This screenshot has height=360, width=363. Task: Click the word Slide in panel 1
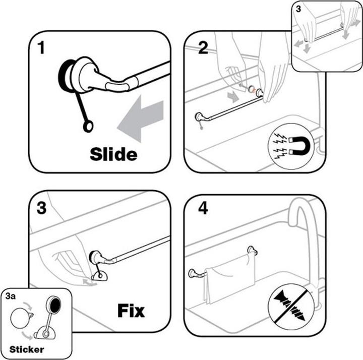tap(113, 153)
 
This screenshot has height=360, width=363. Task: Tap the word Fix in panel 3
tap(131, 310)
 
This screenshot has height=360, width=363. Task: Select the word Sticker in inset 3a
tap(26, 349)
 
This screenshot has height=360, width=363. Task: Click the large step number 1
tap(41, 48)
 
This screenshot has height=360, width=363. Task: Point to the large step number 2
tap(203, 48)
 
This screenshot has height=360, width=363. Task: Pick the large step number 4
tap(203, 208)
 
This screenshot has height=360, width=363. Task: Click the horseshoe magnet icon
tap(288, 146)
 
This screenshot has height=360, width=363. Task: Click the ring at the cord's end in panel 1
tap(88, 126)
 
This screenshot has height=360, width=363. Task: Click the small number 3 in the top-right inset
tap(298, 9)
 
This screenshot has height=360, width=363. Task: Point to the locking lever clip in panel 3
tap(99, 275)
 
